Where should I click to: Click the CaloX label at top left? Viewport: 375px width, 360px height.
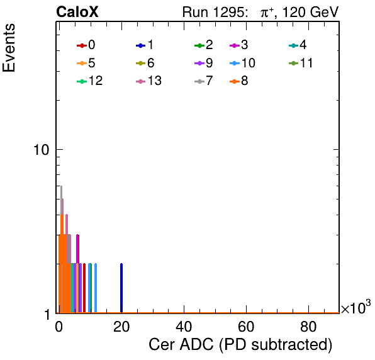coord(77,12)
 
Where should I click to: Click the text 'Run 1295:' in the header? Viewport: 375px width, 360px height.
coord(215,12)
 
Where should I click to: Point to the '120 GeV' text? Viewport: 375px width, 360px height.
coord(310,12)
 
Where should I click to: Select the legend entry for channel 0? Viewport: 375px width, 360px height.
coord(86,45)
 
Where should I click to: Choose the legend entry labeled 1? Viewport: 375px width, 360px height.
coord(145,45)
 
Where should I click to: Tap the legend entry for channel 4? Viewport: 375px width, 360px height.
coord(298,45)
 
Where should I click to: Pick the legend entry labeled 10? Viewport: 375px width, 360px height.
coord(242,63)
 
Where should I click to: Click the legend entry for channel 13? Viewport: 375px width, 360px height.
coord(148,81)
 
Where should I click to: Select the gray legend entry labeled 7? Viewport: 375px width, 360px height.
coord(204,81)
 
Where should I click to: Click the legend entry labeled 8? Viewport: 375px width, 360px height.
coord(239,81)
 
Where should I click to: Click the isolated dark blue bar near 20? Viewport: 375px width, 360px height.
coord(121,288)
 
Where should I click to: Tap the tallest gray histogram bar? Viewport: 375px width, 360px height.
coord(61,249)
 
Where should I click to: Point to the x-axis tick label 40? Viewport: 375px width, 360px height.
coord(184,327)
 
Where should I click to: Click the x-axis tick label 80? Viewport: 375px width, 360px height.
coord(308,327)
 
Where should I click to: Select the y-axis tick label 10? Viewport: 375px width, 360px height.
coord(42,150)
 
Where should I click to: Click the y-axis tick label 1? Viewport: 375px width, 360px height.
coord(47,315)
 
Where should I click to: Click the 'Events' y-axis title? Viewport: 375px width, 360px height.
coord(9,47)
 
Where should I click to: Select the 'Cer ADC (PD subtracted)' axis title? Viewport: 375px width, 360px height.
coord(240,345)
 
